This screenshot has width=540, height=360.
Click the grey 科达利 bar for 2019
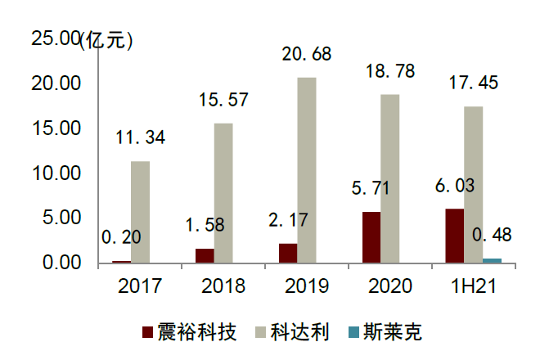click(x=307, y=170)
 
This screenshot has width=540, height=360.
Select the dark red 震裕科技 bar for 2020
click(x=371, y=237)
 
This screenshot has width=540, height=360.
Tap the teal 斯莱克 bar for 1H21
click(x=493, y=260)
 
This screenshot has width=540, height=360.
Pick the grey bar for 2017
click(x=141, y=212)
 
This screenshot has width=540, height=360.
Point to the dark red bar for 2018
click(x=205, y=255)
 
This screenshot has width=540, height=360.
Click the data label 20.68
click(x=307, y=55)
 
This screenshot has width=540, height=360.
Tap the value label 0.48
click(x=493, y=236)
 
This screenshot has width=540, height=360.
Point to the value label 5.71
click(x=372, y=188)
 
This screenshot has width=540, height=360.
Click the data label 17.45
click(x=472, y=83)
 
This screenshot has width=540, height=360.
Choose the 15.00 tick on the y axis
click(x=56, y=128)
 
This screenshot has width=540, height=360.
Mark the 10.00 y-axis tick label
click(x=56, y=173)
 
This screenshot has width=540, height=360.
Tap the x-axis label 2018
click(x=223, y=286)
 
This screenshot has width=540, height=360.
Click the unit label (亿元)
click(x=106, y=38)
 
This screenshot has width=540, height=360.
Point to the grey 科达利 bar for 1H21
click(x=473, y=184)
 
